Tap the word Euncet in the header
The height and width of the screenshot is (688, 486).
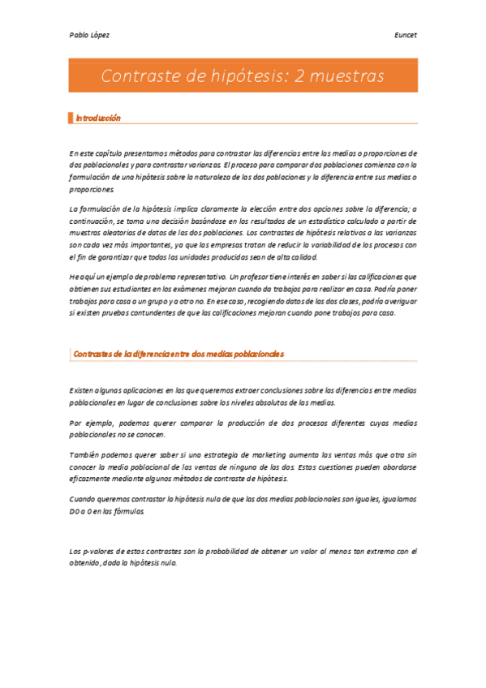coord(406,35)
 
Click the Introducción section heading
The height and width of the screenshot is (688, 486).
coord(98,118)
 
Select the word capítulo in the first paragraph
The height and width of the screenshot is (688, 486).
coord(113,153)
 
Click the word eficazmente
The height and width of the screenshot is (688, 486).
coord(92,479)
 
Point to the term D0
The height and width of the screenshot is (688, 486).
coord(75,513)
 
